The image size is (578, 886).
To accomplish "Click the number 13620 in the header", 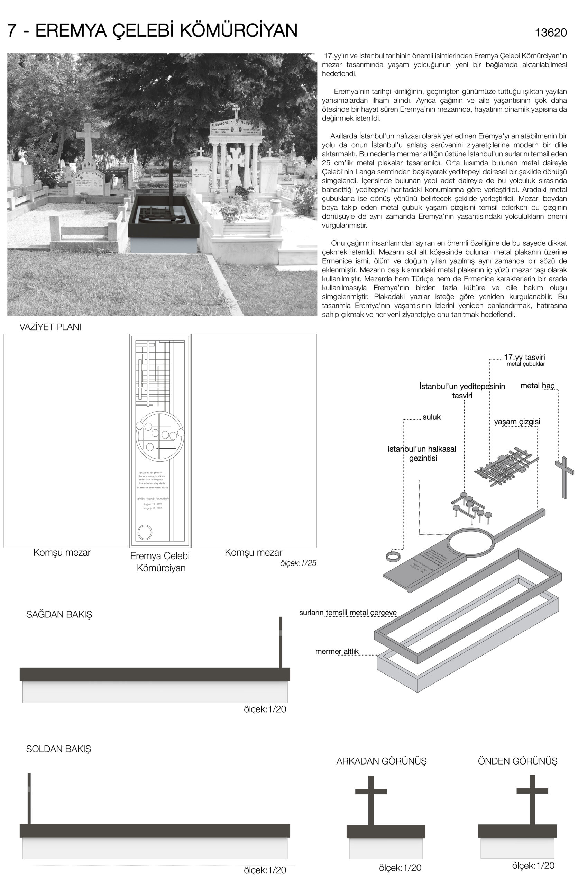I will pyautogui.click(x=550, y=33).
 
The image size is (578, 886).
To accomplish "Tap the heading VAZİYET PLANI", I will pyautogui.click(x=50, y=327).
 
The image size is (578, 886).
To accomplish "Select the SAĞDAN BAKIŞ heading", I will pyautogui.click(x=59, y=615).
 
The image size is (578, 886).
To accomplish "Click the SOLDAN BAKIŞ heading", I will pyautogui.click(x=58, y=749).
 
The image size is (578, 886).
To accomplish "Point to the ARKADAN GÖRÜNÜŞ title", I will pyautogui.click(x=381, y=761).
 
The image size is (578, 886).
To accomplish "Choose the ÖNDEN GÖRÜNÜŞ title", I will pyautogui.click(x=517, y=761).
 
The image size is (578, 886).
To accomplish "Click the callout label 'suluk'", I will pyautogui.click(x=431, y=417).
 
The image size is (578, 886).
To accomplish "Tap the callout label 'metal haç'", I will pyautogui.click(x=538, y=386).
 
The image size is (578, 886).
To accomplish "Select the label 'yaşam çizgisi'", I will pyautogui.click(x=517, y=422).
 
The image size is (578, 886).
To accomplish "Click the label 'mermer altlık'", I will pyautogui.click(x=337, y=651).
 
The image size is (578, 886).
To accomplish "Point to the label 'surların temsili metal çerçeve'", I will pyautogui.click(x=348, y=613).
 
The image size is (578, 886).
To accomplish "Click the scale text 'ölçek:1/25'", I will pyautogui.click(x=298, y=563).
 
